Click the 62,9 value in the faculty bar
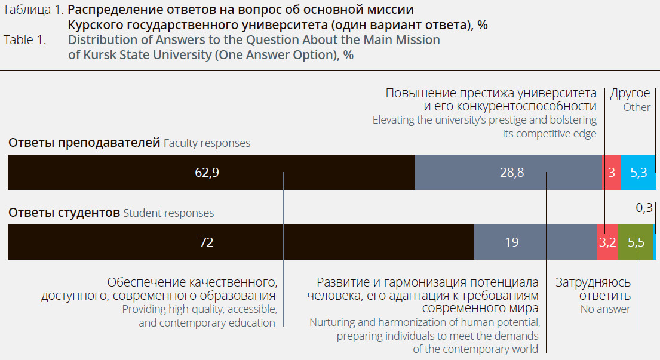[207, 173]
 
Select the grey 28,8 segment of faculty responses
[511, 173]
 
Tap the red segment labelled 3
[612, 173]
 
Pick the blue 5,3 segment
[638, 173]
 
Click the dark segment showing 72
[206, 242]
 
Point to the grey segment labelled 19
[511, 242]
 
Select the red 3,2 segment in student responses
[607, 242]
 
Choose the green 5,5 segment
[636, 242]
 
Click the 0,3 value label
[644, 208]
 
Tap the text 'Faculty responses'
[207, 143]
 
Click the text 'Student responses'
[168, 213]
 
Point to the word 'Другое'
[630, 93]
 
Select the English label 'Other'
[637, 107]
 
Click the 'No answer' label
[605, 309]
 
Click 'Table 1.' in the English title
[25, 41]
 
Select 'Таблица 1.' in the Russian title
[33, 10]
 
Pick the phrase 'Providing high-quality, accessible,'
[199, 309]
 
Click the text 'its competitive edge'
[550, 134]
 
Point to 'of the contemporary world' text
[475, 349]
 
